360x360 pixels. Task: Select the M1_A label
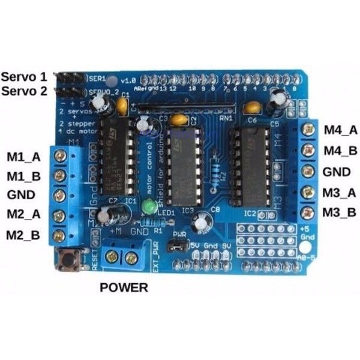24,157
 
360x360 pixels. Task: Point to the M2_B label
24,234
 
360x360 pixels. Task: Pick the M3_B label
339,212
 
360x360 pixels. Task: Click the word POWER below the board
124,287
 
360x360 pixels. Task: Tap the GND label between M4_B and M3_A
336,172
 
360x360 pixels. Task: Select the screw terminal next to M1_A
59,156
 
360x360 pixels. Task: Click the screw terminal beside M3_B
308,212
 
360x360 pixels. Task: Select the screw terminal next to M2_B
59,235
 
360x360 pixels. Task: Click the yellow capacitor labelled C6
253,108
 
